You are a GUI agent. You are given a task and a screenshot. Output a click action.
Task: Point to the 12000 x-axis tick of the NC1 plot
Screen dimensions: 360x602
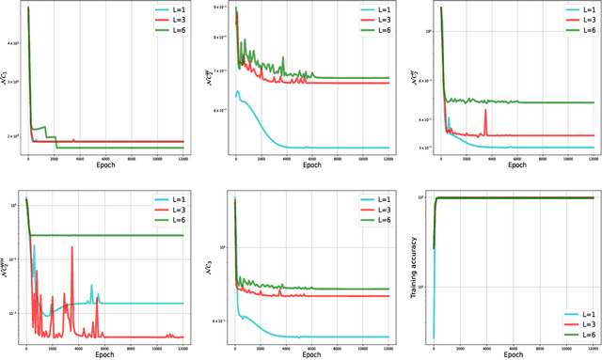(181, 158)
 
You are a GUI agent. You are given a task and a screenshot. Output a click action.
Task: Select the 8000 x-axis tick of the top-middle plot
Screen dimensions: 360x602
(334, 158)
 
